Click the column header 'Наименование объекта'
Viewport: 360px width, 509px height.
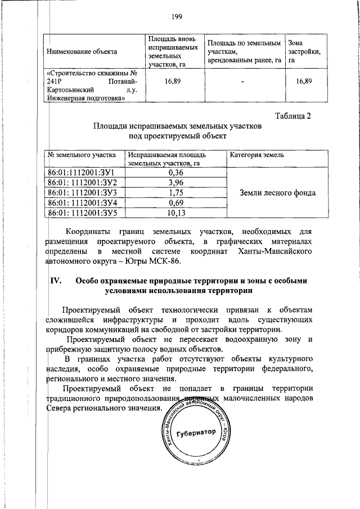coord(82,52)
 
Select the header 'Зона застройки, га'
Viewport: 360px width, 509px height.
coord(304,52)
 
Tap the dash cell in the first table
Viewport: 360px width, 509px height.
coord(242,82)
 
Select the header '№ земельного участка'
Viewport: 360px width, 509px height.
coord(82,155)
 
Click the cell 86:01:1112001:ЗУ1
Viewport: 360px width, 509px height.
coord(82,173)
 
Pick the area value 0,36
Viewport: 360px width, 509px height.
coord(176,173)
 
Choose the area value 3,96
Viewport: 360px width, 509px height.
coord(176,183)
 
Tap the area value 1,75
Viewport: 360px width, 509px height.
coord(176,193)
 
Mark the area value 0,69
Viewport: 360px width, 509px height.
coord(176,202)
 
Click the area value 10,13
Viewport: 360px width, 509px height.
coord(176,213)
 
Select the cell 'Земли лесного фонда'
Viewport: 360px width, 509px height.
coord(277,193)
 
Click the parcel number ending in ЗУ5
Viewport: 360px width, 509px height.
coord(82,213)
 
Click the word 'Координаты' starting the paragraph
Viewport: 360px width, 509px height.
coord(87,231)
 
